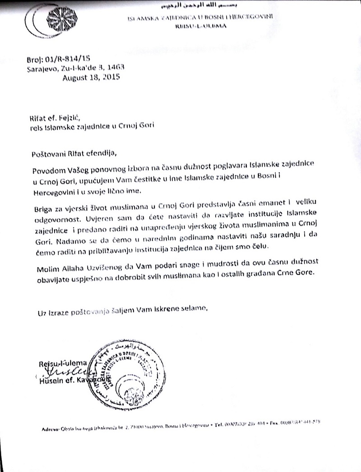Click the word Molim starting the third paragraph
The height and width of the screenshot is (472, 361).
tap(42, 270)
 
